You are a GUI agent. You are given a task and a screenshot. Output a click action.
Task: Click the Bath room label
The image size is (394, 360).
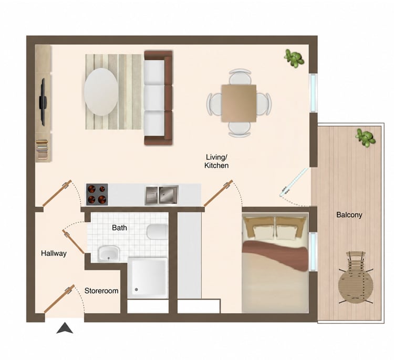pyautogui.click(x=119, y=228)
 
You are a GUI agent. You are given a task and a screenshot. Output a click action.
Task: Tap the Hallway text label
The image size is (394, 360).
pyautogui.click(x=54, y=253)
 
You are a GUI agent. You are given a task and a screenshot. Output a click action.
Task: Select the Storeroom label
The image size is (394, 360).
pyautogui.click(x=101, y=291)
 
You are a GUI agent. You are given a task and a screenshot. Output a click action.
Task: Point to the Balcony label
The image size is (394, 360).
pyautogui.click(x=349, y=215)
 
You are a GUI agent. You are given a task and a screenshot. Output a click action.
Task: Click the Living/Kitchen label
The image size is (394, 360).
pyautogui.click(x=216, y=161)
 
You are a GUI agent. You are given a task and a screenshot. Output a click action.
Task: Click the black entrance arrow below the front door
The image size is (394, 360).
pyautogui.click(x=65, y=328)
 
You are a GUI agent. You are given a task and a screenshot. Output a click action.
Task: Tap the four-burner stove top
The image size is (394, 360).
pyautogui.click(x=97, y=194)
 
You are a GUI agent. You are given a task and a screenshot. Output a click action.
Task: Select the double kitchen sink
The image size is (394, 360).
pyautogui.click(x=162, y=194)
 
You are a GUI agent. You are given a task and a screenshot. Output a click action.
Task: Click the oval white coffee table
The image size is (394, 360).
pyautogui.click(x=101, y=92)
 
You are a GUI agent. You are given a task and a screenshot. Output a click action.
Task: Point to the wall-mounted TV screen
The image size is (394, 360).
pyautogui.click(x=43, y=102)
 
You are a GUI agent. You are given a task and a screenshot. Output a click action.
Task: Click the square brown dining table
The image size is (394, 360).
pyautogui.click(x=239, y=104)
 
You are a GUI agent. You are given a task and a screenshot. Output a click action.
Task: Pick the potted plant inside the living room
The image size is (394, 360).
pyautogui.click(x=294, y=58)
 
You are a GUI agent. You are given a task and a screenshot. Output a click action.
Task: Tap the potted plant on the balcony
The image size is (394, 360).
pyautogui.click(x=365, y=138)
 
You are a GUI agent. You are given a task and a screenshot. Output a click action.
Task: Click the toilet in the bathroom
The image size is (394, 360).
pyautogui.click(x=157, y=232)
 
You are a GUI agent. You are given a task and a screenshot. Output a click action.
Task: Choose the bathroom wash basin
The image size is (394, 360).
pyautogui.click(x=109, y=253)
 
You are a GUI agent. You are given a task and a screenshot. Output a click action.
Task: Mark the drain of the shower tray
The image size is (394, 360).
pyautogui.click(x=137, y=290)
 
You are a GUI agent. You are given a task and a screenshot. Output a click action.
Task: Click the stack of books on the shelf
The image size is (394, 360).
pyautogui.click(x=42, y=150)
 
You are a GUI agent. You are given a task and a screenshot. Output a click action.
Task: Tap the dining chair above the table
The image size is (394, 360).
pyautogui.click(x=240, y=77)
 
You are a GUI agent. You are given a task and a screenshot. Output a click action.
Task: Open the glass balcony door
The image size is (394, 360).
pyautogui.click(x=294, y=182)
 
